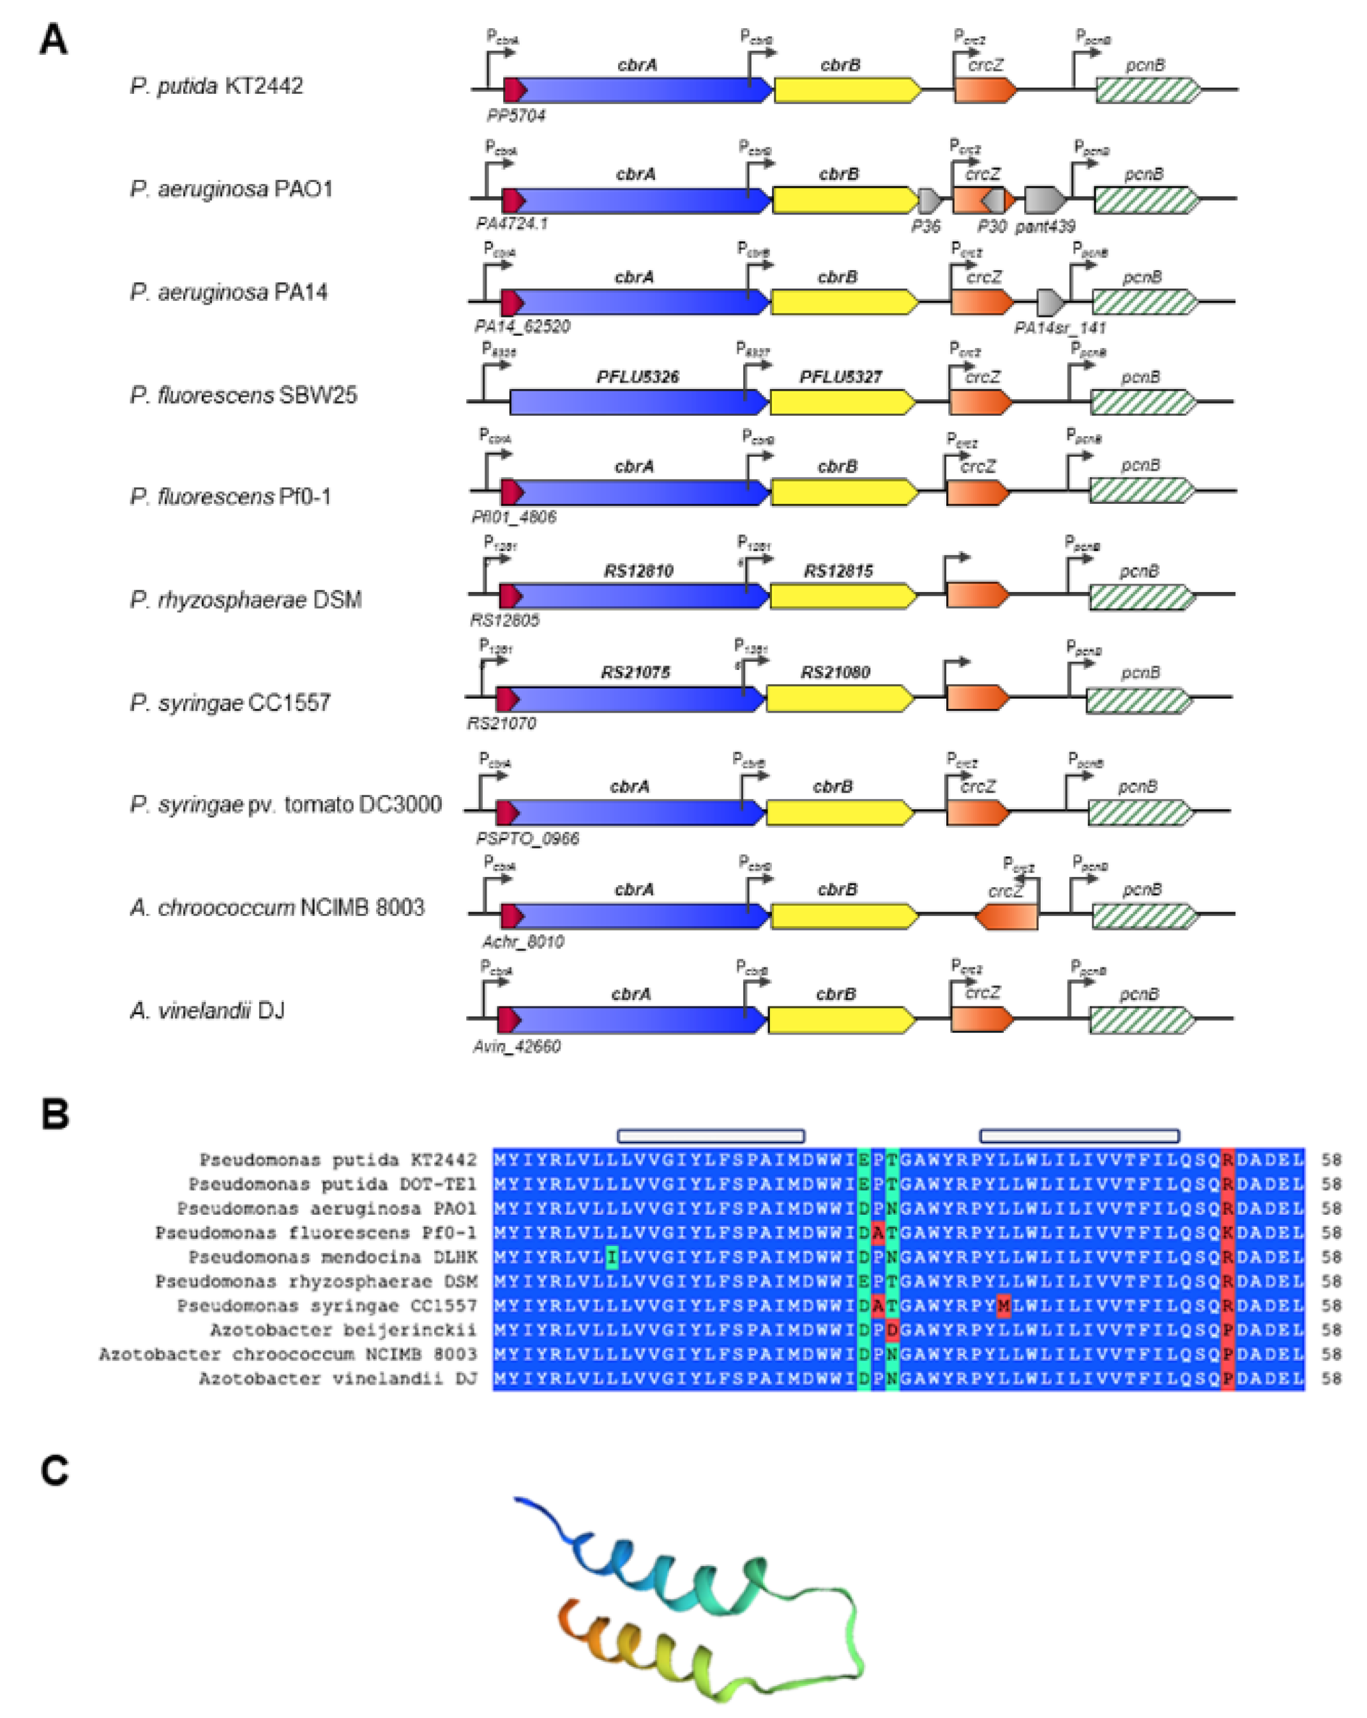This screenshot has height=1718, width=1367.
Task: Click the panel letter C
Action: [x=54, y=1470]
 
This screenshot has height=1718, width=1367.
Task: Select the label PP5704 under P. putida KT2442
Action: [x=515, y=116]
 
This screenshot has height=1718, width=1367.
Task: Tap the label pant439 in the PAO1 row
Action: [x=1045, y=226]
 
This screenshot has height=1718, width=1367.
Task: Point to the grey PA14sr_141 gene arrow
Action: [x=1050, y=302]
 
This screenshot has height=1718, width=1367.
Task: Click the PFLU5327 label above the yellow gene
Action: [x=840, y=376]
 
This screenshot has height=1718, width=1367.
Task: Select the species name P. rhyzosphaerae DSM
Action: [x=245, y=599]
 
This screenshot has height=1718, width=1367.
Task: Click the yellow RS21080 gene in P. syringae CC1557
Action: [x=838, y=698]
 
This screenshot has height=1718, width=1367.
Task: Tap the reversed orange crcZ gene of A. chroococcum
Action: [x=1007, y=916]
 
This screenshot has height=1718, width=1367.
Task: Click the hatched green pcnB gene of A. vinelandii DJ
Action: [x=1141, y=1020]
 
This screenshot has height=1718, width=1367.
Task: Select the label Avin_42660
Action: [x=516, y=1046]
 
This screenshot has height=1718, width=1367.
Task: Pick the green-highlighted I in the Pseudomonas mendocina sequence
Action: [x=611, y=1257]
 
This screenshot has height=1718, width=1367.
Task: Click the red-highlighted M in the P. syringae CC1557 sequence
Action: [x=1003, y=1305]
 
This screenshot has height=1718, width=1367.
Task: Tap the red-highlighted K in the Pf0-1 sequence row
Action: [x=1228, y=1233]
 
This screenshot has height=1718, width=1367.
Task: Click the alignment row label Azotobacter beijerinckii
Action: [x=342, y=1329]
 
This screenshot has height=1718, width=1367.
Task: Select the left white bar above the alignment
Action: [x=710, y=1136]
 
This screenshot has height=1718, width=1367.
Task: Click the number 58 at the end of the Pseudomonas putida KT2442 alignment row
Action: [x=1331, y=1159]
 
